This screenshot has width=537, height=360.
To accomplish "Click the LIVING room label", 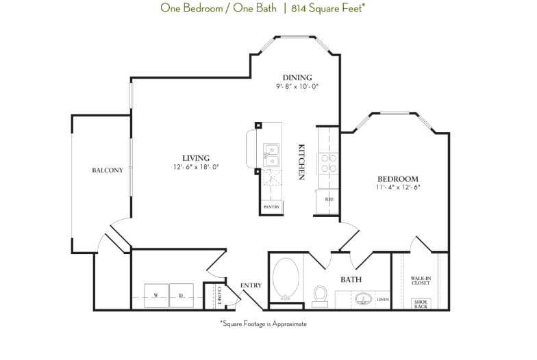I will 196,158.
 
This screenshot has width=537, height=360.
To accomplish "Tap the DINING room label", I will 297,77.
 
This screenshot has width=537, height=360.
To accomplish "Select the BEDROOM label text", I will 397,178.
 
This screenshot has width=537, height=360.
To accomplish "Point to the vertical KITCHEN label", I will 301,162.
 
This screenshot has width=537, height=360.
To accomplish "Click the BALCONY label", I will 108,170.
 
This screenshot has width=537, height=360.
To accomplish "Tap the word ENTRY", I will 251,285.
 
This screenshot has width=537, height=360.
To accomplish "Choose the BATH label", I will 351,279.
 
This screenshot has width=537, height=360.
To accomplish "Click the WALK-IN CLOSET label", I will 420,281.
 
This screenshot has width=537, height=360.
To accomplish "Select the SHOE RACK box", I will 420,303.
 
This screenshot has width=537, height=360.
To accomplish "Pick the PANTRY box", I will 271,206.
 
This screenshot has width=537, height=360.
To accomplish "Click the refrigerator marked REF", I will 328,200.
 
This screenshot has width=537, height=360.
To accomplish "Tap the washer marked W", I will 156,296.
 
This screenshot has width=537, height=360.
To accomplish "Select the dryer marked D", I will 182,296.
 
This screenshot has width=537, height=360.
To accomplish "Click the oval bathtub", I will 286,279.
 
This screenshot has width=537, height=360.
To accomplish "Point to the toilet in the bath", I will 320,294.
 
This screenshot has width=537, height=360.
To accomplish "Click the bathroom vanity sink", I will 362,299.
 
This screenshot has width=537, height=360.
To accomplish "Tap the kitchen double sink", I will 271,155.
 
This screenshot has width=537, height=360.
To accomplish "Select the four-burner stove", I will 328,162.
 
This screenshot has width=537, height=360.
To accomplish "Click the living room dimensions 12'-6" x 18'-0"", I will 196,167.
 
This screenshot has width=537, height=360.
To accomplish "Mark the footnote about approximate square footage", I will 263,324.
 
